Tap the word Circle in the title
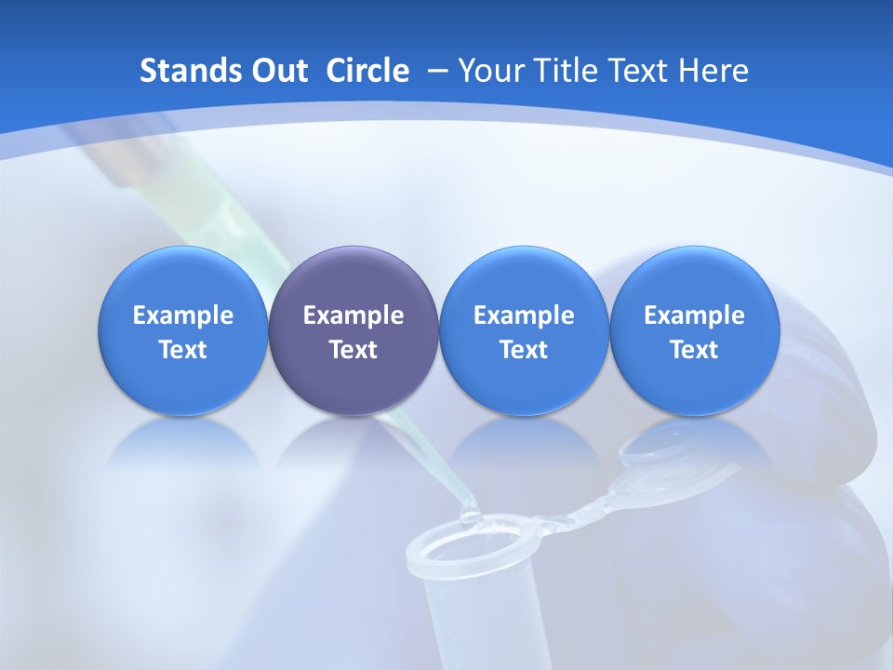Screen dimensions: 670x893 click(367, 71)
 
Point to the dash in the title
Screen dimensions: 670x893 click(433, 71)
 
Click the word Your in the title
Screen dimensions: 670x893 click(491, 71)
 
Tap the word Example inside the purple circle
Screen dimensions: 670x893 click(353, 315)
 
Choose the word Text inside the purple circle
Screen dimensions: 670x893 click(353, 350)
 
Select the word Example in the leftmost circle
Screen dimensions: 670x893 click(183, 315)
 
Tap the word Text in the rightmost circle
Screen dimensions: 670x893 click(694, 350)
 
